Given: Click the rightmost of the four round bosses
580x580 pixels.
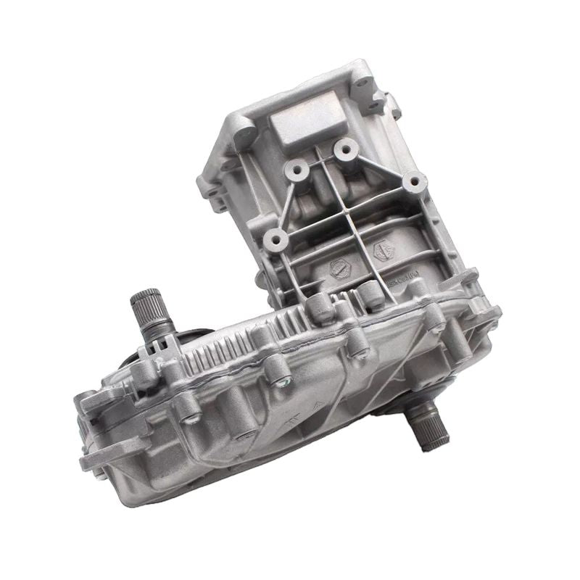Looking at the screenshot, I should point(413,181).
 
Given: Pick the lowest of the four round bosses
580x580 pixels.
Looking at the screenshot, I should point(275,238).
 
